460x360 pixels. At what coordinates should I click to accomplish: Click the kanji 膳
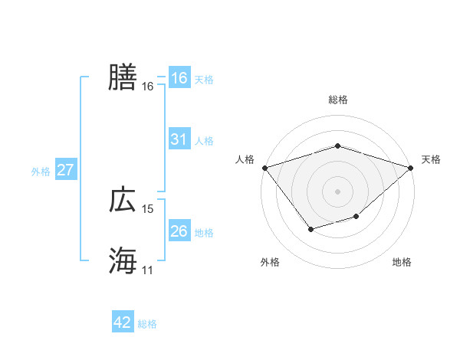point(123,77)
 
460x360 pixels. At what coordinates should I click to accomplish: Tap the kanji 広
point(123,200)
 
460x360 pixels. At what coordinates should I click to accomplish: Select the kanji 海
point(123,261)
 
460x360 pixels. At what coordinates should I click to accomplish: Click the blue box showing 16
point(179,78)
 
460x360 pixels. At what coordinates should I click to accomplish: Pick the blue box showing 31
point(179,139)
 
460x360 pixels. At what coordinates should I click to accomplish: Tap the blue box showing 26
point(179,231)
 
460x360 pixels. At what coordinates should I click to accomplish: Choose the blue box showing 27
point(65,170)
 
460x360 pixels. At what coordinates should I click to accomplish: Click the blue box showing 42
point(123,322)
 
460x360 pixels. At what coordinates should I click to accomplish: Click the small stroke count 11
point(148,270)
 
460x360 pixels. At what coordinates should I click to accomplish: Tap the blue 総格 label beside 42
point(147,324)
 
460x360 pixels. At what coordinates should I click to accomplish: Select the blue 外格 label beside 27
point(41,172)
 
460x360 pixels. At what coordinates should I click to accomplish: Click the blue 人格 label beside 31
point(204,141)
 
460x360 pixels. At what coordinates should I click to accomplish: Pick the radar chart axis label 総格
point(338,100)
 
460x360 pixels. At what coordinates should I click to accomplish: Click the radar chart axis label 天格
point(431,159)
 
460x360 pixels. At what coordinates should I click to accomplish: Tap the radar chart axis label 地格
point(402,263)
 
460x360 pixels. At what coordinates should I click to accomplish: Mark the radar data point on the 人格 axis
point(264,167)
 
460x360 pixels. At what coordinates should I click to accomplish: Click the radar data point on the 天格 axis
point(411,167)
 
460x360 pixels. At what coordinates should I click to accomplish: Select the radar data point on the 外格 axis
point(310,229)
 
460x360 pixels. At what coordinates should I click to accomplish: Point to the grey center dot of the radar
point(338,191)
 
